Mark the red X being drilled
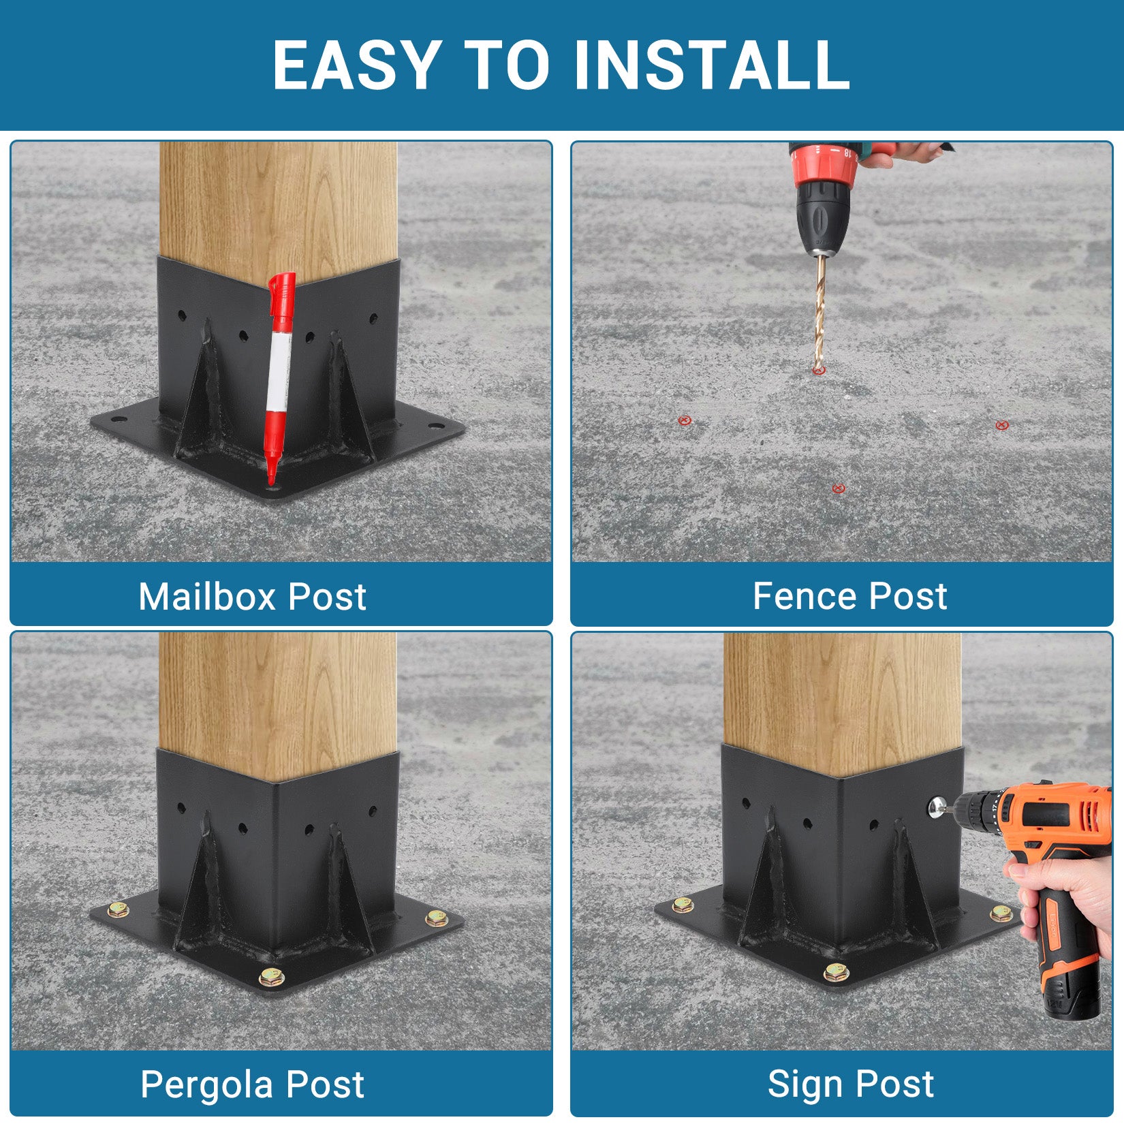point(819,371)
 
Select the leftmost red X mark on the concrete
point(685,420)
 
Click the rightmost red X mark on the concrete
point(1001,426)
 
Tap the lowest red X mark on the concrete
point(839,488)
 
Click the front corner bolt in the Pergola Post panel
point(271,978)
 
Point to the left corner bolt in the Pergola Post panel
point(119,909)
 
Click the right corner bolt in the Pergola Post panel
point(436,918)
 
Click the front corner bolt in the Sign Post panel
point(837,972)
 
